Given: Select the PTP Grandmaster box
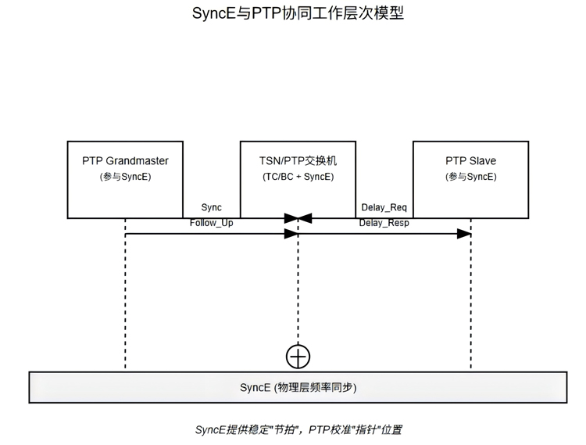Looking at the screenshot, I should [125, 179].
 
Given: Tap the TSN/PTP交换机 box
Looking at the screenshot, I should [298, 179].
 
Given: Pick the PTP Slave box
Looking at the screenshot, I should [470, 179].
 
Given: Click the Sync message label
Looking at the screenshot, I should [211, 207].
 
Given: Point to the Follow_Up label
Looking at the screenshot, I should [211, 223].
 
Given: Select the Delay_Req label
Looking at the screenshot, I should [384, 207].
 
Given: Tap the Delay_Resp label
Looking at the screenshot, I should [384, 223].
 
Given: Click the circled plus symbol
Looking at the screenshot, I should [298, 357].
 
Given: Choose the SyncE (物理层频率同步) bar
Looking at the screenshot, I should [298, 388].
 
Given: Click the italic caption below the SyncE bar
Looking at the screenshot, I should [298, 429].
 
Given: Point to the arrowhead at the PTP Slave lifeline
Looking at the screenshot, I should [464, 234].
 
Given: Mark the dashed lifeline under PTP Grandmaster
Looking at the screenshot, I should [125, 305].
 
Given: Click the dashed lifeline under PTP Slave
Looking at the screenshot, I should [470, 305].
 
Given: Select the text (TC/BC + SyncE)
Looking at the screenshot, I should [298, 177].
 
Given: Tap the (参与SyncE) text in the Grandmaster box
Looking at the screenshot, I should [125, 177].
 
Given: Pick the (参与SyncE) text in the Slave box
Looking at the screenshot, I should [470, 177].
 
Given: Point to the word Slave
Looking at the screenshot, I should [482, 161].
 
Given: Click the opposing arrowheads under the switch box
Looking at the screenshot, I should [298, 217].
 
